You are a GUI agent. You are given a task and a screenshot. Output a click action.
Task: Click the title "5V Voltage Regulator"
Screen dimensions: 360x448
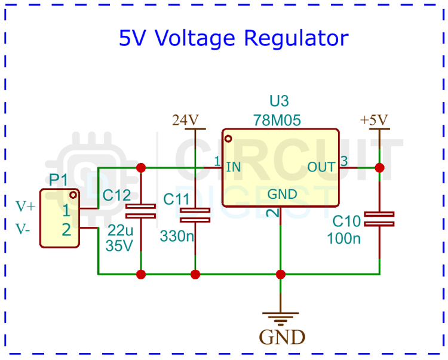(234, 39)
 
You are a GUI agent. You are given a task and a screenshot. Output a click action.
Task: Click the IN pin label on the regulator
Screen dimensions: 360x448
(233, 167)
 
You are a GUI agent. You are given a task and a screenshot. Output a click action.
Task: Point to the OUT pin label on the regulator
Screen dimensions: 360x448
(321, 167)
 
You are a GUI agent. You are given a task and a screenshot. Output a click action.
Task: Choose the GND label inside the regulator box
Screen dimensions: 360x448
(282, 194)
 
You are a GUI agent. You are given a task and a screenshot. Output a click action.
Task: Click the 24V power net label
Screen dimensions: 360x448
(185, 120)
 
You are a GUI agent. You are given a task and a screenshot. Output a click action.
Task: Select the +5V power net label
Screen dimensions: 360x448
(375, 120)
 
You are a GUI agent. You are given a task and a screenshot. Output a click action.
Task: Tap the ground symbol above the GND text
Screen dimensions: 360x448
(281, 318)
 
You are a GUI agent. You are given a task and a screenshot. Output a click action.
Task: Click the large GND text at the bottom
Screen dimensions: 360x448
(282, 337)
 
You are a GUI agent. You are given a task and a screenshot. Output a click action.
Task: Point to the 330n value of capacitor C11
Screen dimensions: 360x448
(177, 236)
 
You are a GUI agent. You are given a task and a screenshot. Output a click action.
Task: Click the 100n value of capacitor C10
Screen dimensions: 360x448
(343, 239)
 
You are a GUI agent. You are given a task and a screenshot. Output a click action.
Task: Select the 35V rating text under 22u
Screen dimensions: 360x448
(119, 245)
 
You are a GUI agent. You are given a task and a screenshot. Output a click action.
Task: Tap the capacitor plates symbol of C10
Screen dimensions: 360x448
(379, 219)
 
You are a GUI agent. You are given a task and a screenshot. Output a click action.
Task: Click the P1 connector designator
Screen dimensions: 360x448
(59, 180)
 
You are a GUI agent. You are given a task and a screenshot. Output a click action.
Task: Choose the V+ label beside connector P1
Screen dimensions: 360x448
(26, 207)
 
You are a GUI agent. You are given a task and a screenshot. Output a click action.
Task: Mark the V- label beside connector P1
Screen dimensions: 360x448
(24, 228)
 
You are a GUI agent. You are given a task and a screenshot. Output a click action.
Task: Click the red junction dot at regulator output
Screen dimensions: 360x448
(379, 168)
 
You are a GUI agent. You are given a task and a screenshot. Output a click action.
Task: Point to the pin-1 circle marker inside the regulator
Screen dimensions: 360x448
(228, 139)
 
